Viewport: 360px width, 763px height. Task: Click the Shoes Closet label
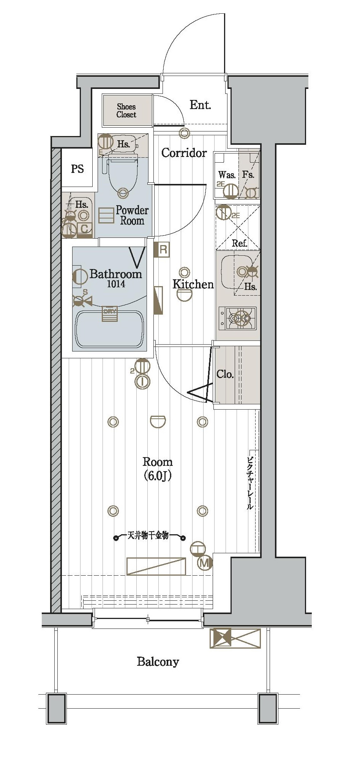click(x=126, y=111)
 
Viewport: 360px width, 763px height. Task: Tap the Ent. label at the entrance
click(x=200, y=105)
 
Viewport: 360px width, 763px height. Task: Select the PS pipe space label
click(x=77, y=169)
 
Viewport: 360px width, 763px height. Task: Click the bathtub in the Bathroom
click(x=109, y=329)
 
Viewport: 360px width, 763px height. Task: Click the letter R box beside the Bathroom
click(x=163, y=250)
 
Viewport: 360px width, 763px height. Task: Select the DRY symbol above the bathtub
click(x=110, y=314)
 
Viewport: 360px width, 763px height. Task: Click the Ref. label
click(x=240, y=243)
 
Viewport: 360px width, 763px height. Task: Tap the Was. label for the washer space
click(x=227, y=175)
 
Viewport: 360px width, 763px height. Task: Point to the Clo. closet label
click(x=225, y=374)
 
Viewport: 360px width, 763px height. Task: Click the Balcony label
click(x=158, y=662)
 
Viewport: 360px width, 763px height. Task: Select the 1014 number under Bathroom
click(x=116, y=284)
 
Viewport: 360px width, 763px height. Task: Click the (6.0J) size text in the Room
click(x=158, y=475)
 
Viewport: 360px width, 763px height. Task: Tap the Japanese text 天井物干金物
click(x=148, y=536)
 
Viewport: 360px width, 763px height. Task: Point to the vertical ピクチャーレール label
click(x=251, y=483)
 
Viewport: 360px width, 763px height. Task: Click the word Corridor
click(x=184, y=153)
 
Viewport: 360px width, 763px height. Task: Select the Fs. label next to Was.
click(x=248, y=175)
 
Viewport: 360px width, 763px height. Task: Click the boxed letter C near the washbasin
click(x=85, y=228)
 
